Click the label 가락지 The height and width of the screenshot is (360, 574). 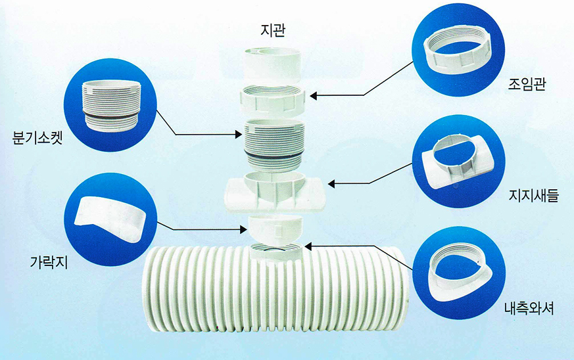pyautogui.click(x=48, y=261)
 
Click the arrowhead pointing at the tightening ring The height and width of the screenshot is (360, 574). pyautogui.click(x=314, y=96)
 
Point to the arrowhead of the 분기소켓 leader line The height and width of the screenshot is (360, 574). pyautogui.click(x=239, y=135)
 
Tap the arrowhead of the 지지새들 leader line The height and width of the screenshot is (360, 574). pyautogui.click(x=331, y=183)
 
